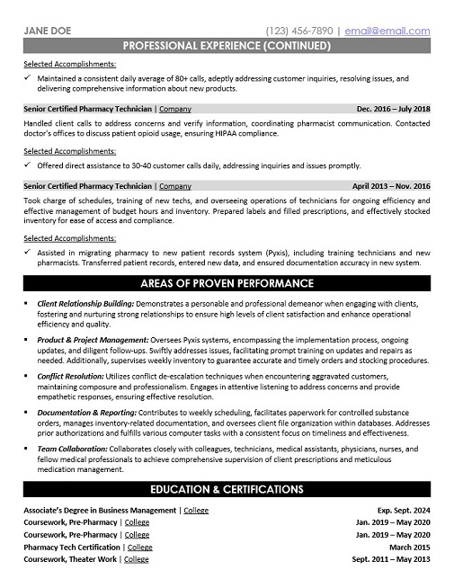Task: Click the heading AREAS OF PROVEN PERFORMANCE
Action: coord(227,283)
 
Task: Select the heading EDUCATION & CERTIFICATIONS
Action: coord(227,490)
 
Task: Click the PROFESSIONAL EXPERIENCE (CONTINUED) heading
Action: coord(227,44)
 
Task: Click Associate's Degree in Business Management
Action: coord(100,511)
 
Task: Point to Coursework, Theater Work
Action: coord(70,558)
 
